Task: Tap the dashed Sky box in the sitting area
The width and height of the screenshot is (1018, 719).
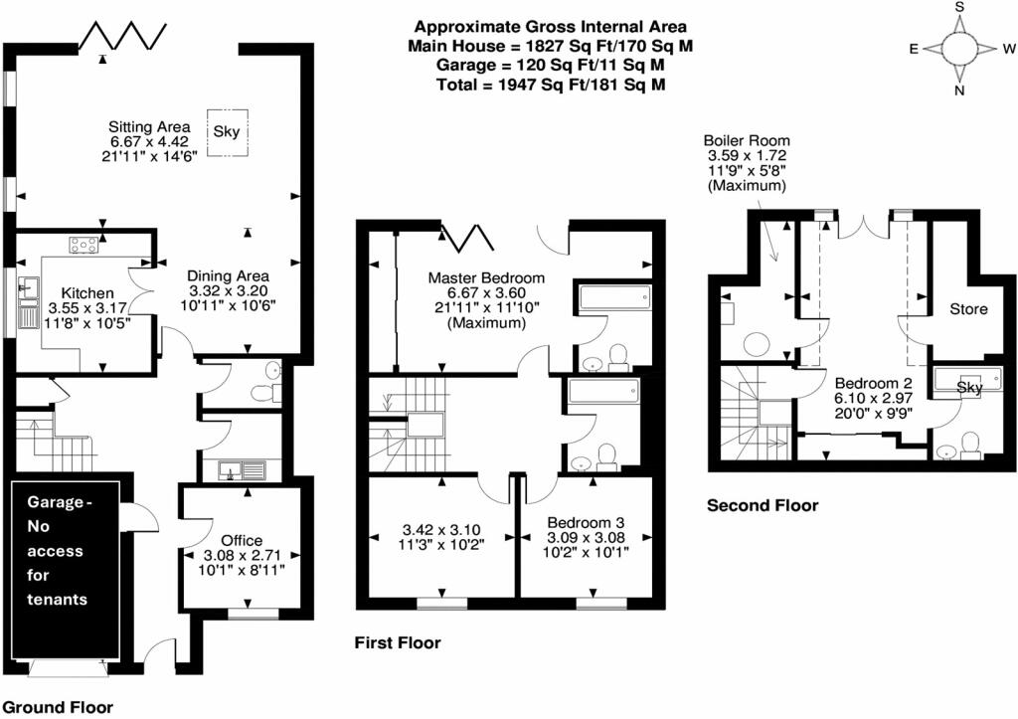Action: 227,132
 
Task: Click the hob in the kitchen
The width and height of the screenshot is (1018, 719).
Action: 85,245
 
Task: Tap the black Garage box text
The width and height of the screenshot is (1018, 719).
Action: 57,551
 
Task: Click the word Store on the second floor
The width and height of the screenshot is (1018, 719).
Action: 968,309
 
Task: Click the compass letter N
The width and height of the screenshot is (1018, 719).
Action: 959,90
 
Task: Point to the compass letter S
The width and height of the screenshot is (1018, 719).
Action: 959,7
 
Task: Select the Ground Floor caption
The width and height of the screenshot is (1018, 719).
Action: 58,707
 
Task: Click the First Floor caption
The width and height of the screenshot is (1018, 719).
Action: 398,643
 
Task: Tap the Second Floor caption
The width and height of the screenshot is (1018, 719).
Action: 763,505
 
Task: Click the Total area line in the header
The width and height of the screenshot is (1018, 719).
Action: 551,85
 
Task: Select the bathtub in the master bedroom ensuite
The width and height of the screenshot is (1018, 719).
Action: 612,295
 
